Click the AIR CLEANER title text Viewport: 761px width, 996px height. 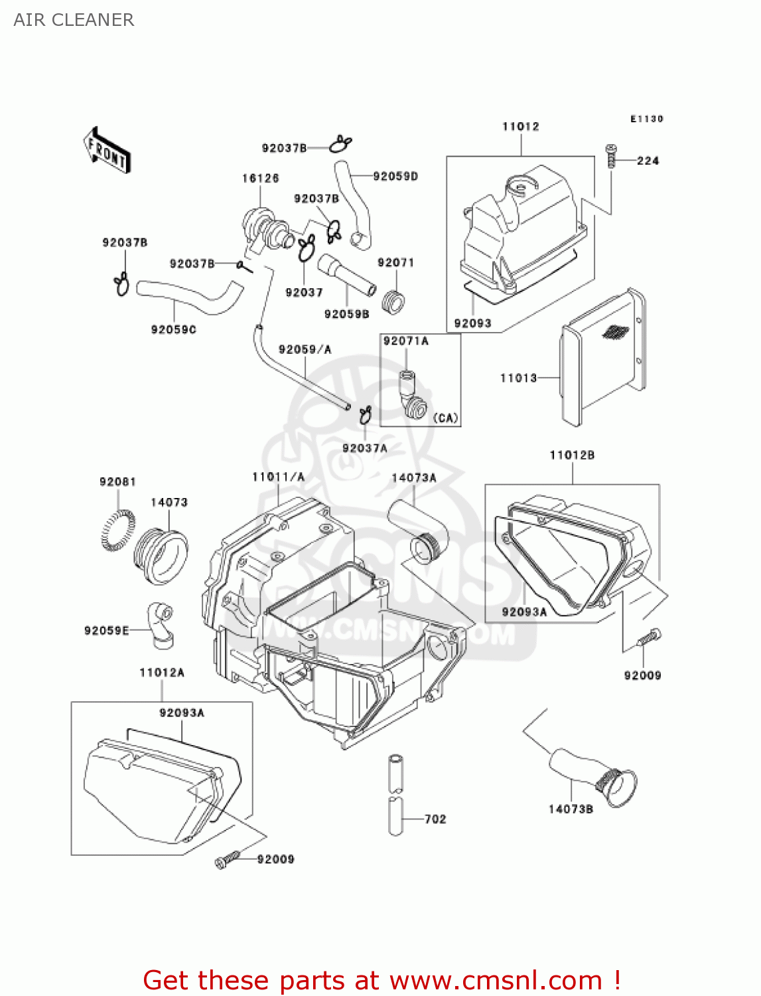(x=74, y=20)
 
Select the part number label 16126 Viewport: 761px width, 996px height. (x=260, y=178)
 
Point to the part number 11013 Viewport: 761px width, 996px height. (x=518, y=378)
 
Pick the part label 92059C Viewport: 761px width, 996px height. (x=173, y=329)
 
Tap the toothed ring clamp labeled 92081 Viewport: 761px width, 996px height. (x=117, y=531)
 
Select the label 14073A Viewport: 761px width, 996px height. (x=414, y=477)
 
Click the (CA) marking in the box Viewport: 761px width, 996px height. (x=445, y=418)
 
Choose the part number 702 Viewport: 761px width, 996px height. (x=435, y=819)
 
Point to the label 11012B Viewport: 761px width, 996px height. (x=572, y=455)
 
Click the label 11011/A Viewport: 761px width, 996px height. (x=278, y=477)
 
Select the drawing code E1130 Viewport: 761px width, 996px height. (x=646, y=119)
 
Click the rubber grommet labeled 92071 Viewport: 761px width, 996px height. (x=394, y=303)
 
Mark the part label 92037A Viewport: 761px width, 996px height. (x=364, y=448)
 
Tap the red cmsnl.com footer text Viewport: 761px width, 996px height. (x=381, y=980)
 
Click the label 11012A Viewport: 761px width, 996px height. (x=161, y=673)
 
